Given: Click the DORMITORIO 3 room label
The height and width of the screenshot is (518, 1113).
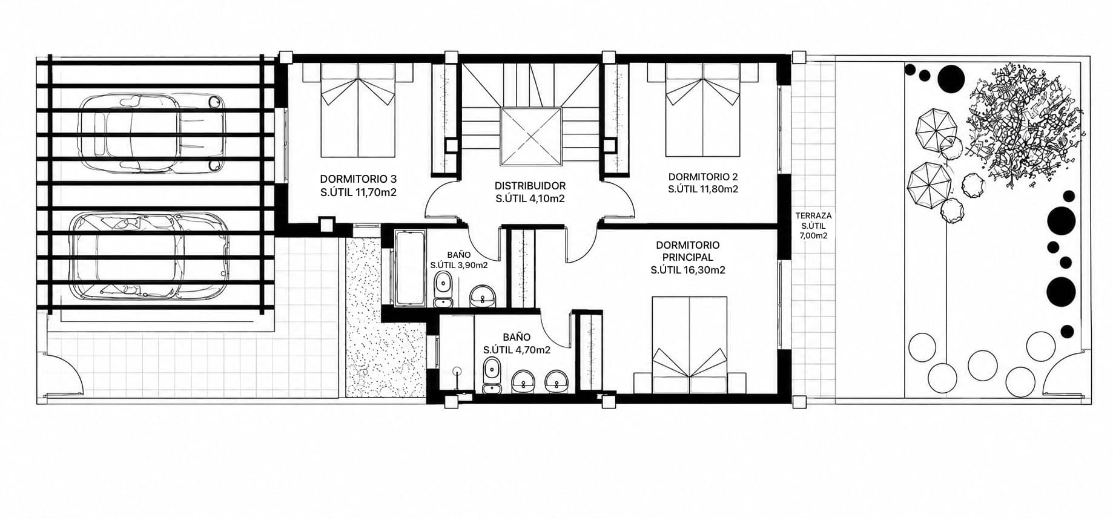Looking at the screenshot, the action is click(x=358, y=186).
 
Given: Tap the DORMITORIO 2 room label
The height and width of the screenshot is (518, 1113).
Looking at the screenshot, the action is click(x=703, y=183).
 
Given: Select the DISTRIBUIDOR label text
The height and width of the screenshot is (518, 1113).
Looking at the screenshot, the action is click(x=530, y=192).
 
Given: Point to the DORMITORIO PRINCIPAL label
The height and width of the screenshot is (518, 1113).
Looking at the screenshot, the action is click(x=688, y=257).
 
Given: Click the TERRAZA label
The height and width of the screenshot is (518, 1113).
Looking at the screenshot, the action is click(x=813, y=226).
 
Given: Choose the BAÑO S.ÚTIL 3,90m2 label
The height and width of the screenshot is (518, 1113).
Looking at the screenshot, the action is click(x=458, y=260).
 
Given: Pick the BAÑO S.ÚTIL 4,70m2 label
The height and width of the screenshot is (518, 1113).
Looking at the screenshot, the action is click(x=517, y=343).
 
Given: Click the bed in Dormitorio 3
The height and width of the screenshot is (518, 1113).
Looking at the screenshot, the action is click(x=358, y=110).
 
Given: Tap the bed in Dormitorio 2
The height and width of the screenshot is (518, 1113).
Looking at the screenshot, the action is click(x=702, y=110).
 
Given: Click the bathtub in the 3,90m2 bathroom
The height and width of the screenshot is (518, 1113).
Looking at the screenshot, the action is click(x=412, y=268).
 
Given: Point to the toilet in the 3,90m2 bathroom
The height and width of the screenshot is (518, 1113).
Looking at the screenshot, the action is click(x=444, y=290).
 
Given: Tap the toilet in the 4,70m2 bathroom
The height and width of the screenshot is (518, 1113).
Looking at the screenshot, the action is click(x=492, y=375).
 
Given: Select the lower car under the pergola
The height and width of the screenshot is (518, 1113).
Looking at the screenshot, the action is click(x=150, y=255).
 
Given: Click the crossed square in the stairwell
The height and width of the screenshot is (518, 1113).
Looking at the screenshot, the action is click(x=530, y=136).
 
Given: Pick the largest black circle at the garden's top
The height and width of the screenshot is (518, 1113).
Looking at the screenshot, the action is click(x=951, y=78).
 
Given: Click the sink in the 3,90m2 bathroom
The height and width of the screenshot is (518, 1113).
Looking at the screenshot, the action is click(x=483, y=295).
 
